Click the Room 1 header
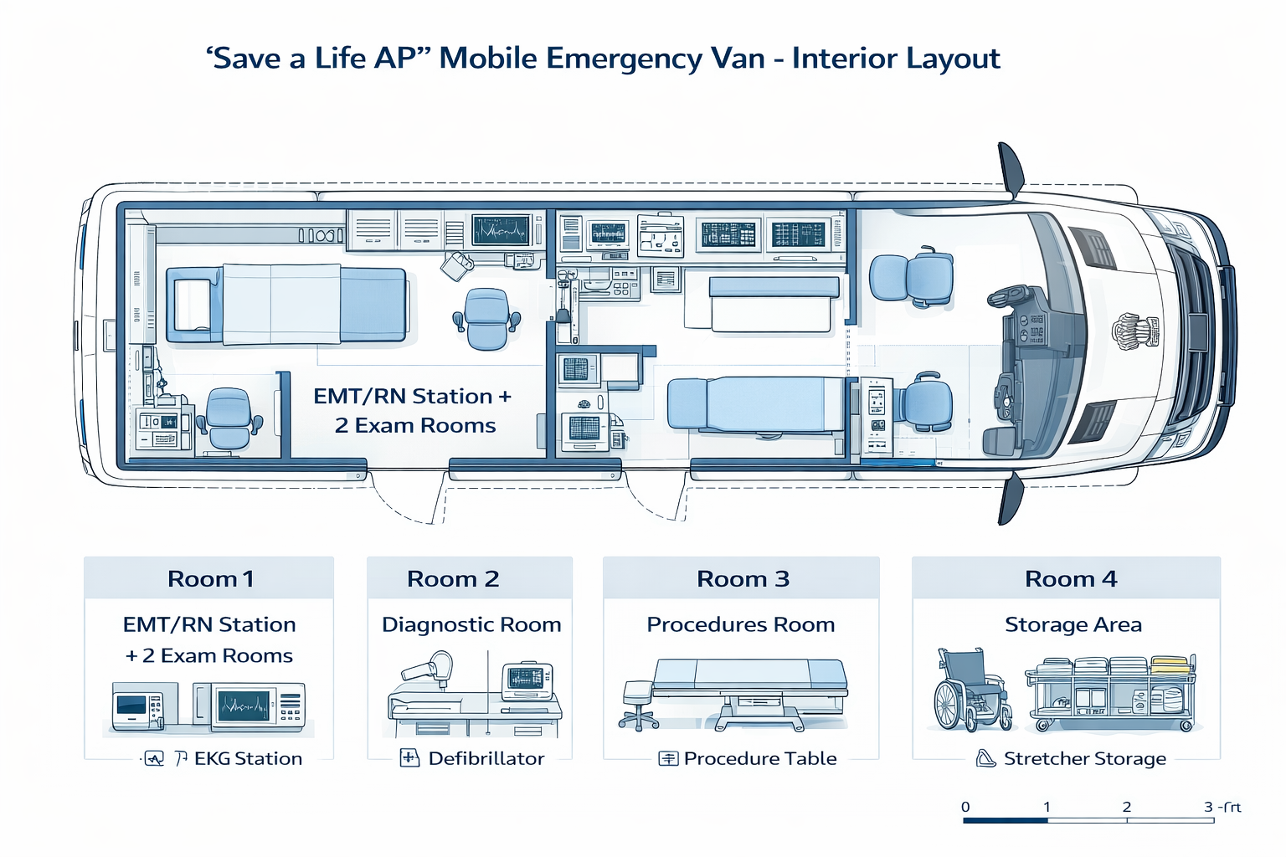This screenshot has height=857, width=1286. (210, 578)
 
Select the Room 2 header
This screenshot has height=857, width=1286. (453, 578)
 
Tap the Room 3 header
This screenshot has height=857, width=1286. (743, 578)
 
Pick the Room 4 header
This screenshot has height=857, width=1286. (1071, 578)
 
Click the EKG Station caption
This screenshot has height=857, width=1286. (248, 758)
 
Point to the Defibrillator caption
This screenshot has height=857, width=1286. (486, 758)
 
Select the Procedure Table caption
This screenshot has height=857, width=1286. (759, 758)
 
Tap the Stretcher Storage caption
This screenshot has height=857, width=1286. (1084, 758)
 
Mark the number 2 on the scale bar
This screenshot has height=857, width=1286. (1127, 807)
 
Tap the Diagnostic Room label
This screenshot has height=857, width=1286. (471, 624)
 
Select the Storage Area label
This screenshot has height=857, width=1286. (1073, 624)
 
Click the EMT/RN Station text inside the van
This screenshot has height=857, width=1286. (403, 396)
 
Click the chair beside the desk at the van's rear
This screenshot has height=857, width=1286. (228, 418)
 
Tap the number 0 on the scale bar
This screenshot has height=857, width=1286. (965, 807)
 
